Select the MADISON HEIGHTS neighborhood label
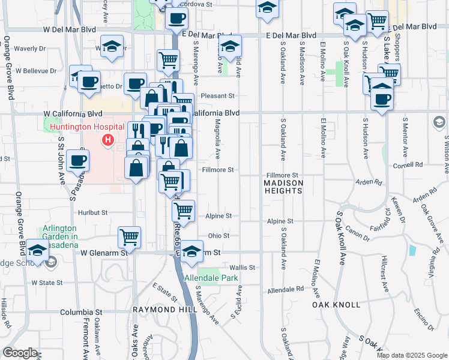[x=283, y=187]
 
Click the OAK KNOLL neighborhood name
[x=336, y=305]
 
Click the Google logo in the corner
[x=20, y=353]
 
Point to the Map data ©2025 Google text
[x=412, y=355]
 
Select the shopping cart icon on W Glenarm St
[x=130, y=237]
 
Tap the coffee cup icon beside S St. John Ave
[x=77, y=160]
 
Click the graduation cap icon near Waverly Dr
[x=111, y=47]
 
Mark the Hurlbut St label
[x=92, y=212]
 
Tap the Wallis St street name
[x=243, y=268]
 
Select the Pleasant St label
[x=217, y=95]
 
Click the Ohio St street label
[x=218, y=236]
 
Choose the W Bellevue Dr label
[x=36, y=71]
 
